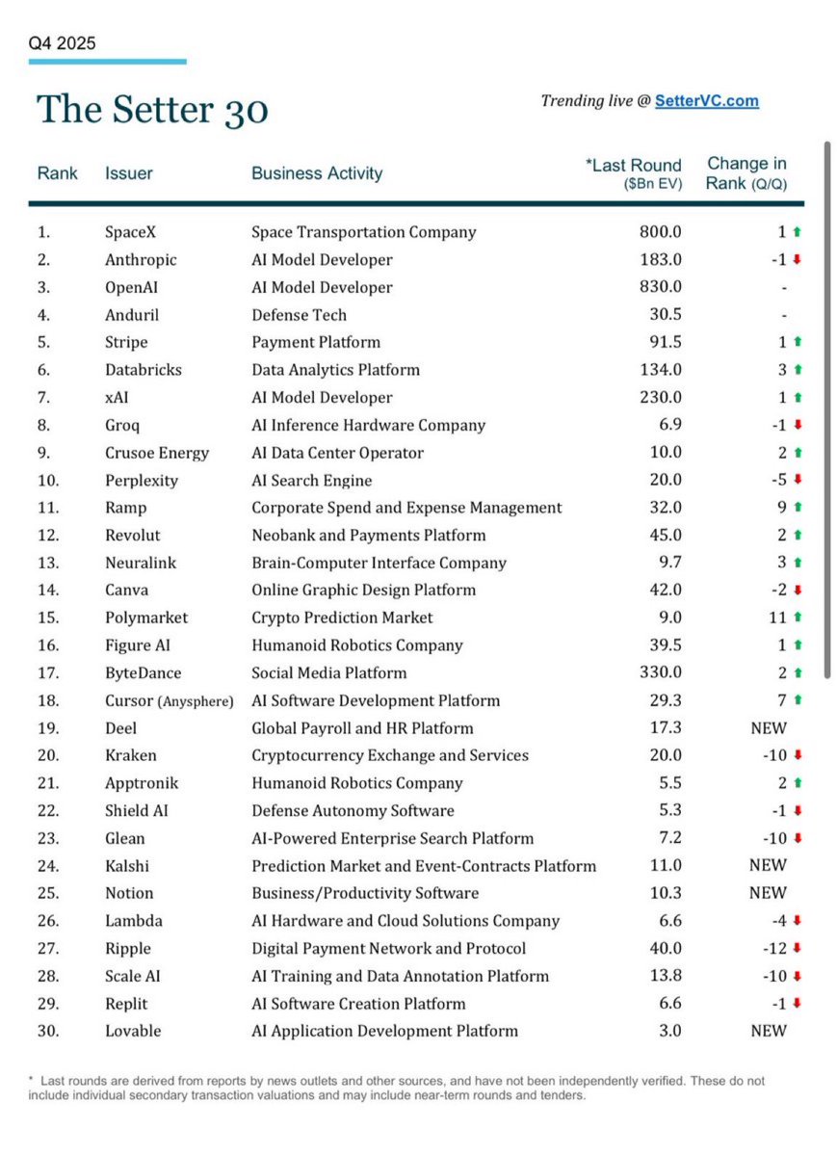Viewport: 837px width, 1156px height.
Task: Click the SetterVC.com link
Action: (706, 100)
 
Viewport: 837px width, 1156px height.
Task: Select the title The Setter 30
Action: (152, 110)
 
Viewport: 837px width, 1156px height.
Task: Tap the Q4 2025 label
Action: (62, 43)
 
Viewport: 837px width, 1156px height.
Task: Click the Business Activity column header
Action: (317, 173)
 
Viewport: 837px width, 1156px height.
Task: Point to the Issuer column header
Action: (129, 173)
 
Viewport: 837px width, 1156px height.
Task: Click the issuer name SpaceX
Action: (129, 232)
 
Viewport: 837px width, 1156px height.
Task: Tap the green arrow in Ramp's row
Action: (797, 508)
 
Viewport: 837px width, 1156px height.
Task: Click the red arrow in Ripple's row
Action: (797, 949)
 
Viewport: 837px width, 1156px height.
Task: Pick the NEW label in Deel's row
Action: (768, 728)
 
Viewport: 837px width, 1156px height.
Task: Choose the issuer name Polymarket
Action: (146, 617)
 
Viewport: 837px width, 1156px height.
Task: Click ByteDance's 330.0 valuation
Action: (659, 673)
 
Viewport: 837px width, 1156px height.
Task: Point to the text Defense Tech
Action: (299, 315)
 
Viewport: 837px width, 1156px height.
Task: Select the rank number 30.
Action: (48, 1031)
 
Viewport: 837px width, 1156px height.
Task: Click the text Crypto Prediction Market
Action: (342, 617)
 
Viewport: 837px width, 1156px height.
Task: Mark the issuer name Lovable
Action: (133, 1031)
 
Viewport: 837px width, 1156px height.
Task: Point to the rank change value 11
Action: (777, 617)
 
